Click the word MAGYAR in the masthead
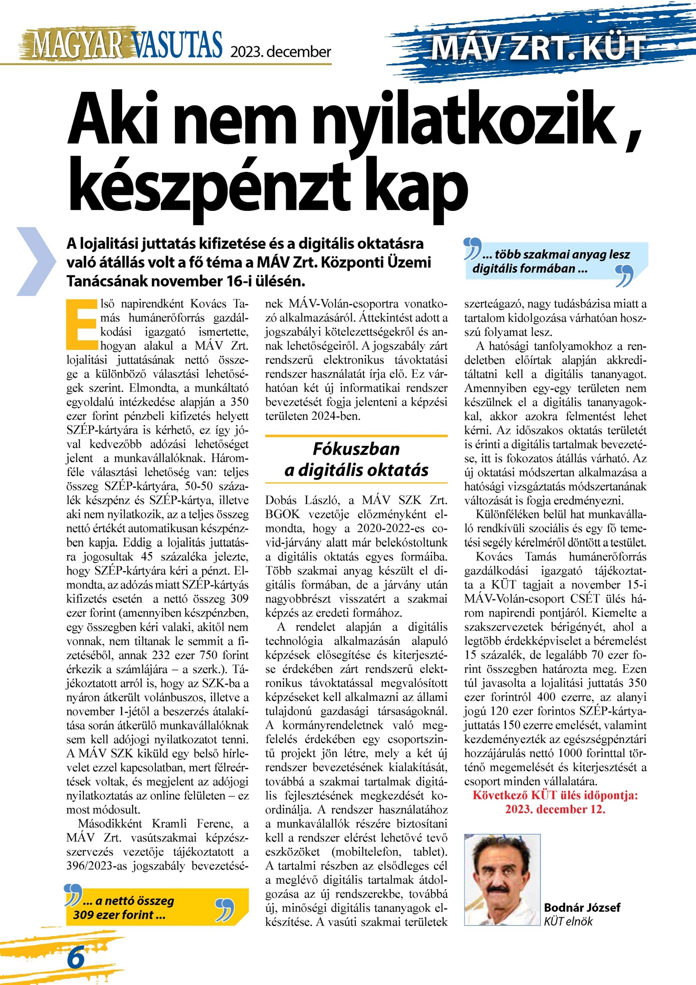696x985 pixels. click(77, 45)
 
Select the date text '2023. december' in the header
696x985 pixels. click(281, 51)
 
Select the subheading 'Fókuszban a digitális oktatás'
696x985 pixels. click(356, 460)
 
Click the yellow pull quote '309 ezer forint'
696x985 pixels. click(120, 914)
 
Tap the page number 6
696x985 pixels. click(76, 958)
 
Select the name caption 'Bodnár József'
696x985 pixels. click(582, 907)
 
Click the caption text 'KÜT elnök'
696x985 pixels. click(568, 921)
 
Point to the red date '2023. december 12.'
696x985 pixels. click(555, 809)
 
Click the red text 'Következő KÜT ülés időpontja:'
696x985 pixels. click(555, 796)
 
